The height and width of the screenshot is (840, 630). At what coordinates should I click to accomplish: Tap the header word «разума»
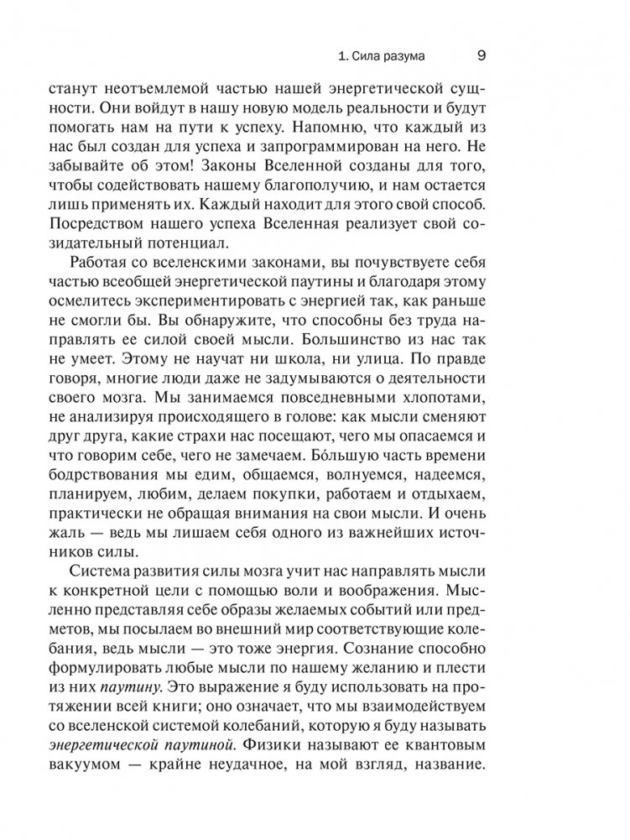400,57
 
